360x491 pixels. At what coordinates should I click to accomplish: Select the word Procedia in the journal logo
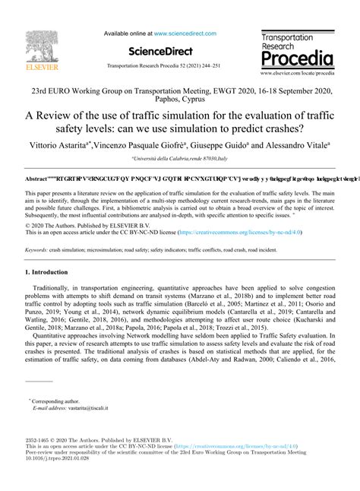pyautogui.click(x=295, y=59)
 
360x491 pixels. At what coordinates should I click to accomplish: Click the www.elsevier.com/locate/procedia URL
pyautogui.click(x=297, y=74)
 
